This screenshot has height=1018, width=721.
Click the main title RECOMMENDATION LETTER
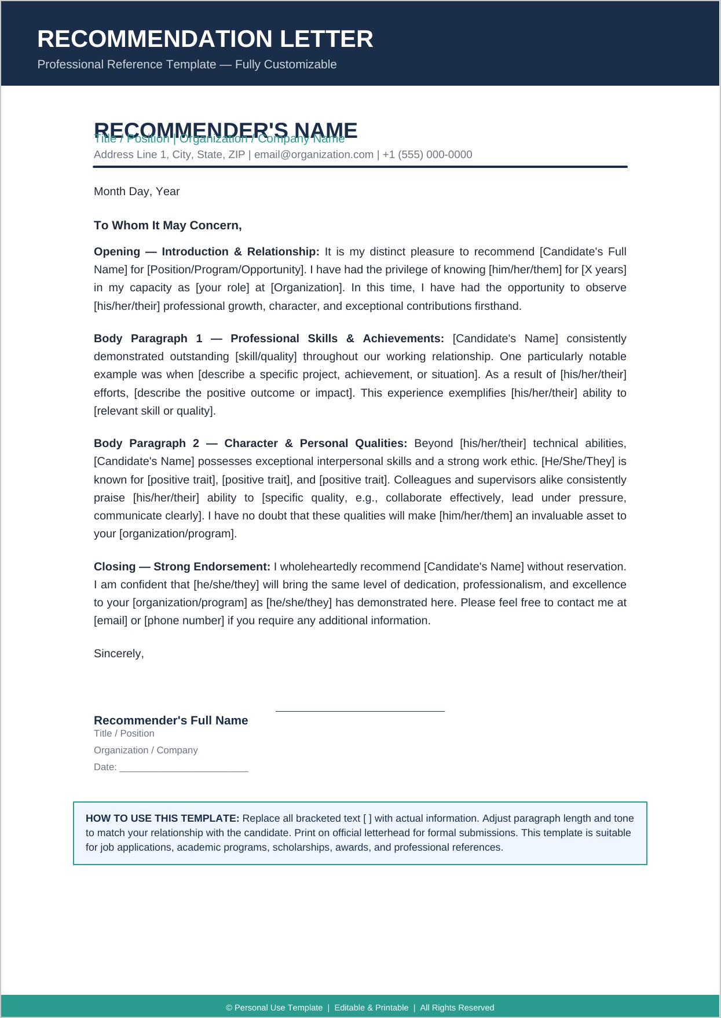click(205, 39)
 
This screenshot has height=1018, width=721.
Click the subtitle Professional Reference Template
click(186, 64)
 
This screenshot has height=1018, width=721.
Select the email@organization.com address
click(313, 155)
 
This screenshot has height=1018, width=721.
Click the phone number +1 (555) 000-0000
click(427, 155)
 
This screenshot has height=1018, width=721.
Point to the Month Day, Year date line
click(137, 192)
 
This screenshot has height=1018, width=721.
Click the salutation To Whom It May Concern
click(167, 225)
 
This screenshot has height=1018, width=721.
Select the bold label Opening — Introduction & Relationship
click(206, 252)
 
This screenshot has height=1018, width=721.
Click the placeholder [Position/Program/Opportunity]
click(226, 270)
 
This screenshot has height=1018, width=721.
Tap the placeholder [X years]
click(603, 270)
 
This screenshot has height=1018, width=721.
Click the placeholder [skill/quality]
click(266, 357)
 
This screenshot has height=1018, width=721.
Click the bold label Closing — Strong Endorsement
click(182, 567)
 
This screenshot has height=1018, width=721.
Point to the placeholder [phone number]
click(184, 621)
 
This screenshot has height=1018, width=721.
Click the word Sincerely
click(118, 654)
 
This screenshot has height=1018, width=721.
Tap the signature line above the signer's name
click(360, 711)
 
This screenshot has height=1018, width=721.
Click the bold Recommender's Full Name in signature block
click(171, 720)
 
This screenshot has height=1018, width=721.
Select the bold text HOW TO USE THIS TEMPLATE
click(162, 819)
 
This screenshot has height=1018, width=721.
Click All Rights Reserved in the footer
click(457, 1008)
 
